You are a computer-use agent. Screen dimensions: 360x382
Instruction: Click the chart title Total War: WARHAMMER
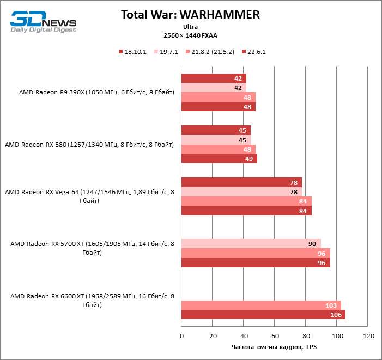tap(191, 15)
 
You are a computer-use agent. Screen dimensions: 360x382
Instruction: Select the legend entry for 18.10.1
tap(133, 52)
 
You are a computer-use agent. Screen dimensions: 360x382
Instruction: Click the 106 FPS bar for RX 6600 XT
tap(263, 314)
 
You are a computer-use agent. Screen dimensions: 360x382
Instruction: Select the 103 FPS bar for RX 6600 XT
tap(260, 305)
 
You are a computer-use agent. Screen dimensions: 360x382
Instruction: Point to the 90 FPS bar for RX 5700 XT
tap(251, 243)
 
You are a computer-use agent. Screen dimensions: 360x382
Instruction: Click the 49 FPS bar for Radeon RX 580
tap(219, 159)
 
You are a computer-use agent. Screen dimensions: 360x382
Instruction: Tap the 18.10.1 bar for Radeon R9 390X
tap(213, 79)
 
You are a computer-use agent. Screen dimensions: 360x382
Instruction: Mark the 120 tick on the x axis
tap(368, 335)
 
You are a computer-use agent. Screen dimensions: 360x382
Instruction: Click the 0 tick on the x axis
tap(181, 335)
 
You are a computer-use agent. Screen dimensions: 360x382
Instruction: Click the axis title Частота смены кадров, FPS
tap(274, 347)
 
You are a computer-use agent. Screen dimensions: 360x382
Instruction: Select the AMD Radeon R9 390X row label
tap(96, 92)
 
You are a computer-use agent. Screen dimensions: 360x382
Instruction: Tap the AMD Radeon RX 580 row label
tap(89, 145)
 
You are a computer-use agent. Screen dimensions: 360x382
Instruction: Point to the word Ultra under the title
tap(191, 26)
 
